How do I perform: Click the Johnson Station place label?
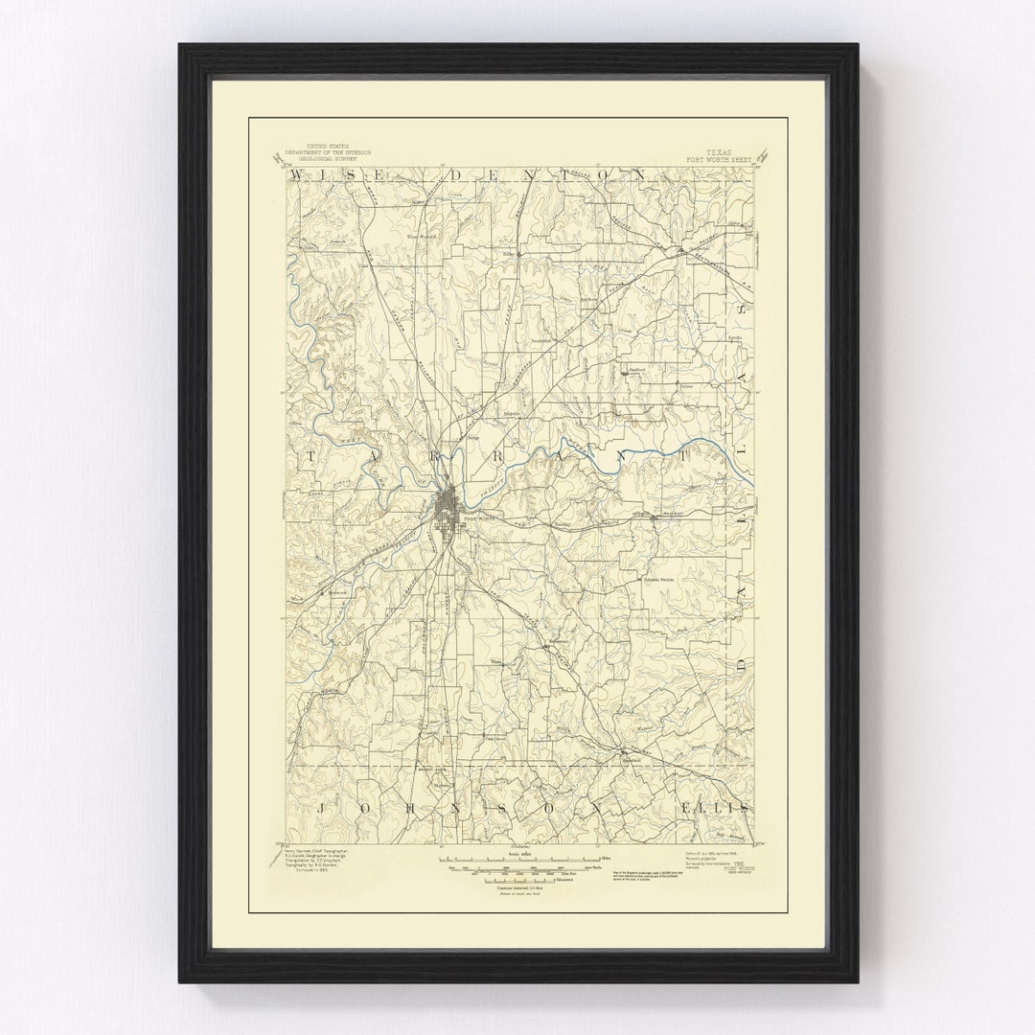[655, 579]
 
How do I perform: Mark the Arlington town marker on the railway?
[655, 517]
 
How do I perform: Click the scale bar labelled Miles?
[517, 859]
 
